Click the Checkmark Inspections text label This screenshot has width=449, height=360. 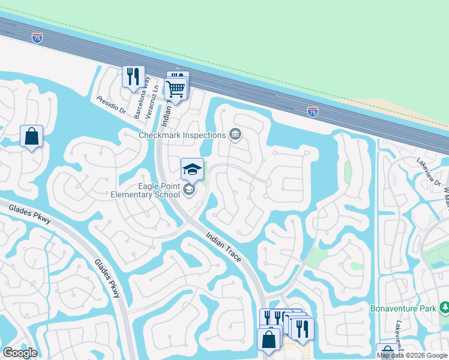coord(182,135)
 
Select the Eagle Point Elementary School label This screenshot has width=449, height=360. coord(146,190)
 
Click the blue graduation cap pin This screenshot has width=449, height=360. coord(192,169)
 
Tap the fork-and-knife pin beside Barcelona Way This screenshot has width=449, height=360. coord(133,76)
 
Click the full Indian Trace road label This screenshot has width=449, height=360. coord(224,247)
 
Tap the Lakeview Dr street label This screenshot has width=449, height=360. coord(429,172)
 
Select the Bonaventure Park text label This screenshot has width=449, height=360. coord(406,308)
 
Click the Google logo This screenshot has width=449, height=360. coord(20,353)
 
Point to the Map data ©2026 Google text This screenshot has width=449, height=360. coord(412,355)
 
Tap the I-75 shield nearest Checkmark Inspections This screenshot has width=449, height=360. coord(313,112)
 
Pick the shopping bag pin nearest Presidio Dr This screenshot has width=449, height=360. coord(32,136)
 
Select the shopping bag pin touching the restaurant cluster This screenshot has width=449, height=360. coord(269,339)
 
